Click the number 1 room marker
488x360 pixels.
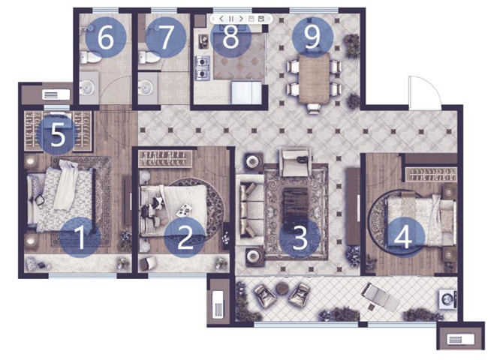point(80,237)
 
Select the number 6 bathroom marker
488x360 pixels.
point(106,37)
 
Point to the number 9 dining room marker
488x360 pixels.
point(312,37)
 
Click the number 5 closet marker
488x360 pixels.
point(57,134)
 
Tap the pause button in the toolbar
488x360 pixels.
point(231,19)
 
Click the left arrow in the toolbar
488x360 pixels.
point(221,19)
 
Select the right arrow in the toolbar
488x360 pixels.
point(241,19)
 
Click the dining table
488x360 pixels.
point(314,78)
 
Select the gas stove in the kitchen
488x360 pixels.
point(202,68)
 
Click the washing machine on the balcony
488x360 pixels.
point(447,299)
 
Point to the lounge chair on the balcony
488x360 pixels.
point(381,297)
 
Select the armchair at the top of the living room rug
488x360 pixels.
point(296,162)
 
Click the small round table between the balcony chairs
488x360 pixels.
point(282,289)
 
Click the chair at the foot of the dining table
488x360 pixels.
point(314,109)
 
